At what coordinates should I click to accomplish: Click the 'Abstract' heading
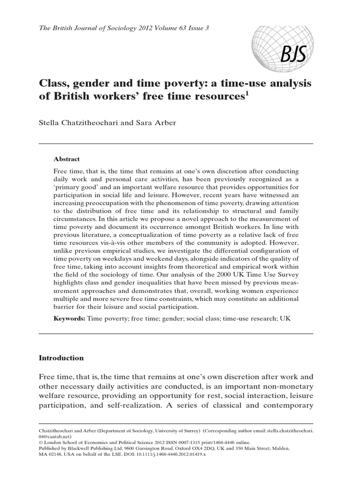(x=67, y=159)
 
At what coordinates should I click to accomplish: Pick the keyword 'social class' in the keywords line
(x=199, y=318)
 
